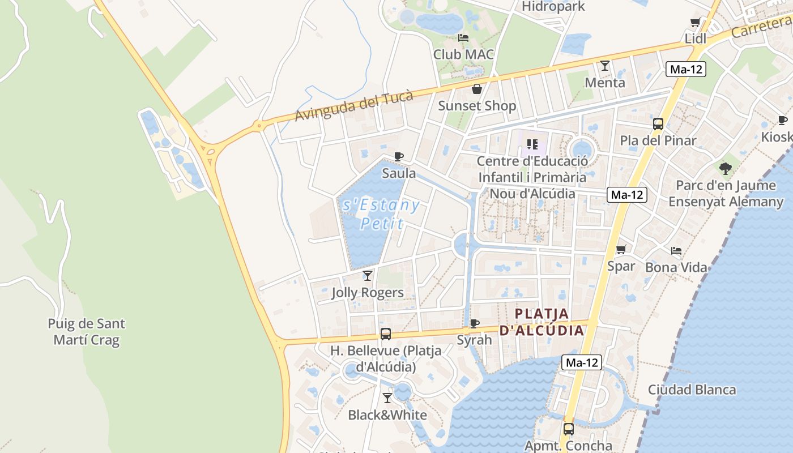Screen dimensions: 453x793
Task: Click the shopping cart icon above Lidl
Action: tap(695, 23)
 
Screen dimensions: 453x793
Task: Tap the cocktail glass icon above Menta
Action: tap(605, 66)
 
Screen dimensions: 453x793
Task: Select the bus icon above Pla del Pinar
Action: tap(658, 124)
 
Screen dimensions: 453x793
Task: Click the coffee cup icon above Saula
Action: tap(399, 156)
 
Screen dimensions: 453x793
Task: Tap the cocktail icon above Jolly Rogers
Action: tap(368, 276)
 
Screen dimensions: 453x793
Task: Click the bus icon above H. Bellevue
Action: tap(386, 334)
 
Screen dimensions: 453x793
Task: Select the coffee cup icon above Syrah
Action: tap(475, 323)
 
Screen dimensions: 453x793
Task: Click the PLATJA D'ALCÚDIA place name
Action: tap(542, 322)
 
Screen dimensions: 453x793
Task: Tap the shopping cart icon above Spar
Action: tap(621, 249)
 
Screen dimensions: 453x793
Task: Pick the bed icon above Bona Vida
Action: tap(676, 250)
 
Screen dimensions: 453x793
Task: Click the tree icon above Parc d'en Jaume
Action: tap(726, 168)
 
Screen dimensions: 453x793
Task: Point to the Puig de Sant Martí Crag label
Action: tap(87, 332)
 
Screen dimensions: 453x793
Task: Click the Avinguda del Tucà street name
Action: tap(354, 106)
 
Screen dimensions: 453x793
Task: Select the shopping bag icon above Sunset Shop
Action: tap(477, 89)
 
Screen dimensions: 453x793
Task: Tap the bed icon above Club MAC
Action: tap(463, 38)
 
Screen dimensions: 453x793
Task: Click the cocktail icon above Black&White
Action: tap(387, 398)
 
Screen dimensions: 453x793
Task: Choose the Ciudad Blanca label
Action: tap(692, 390)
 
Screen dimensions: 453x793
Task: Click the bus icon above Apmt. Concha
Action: tap(569, 429)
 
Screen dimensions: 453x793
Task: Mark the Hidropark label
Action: tap(553, 7)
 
